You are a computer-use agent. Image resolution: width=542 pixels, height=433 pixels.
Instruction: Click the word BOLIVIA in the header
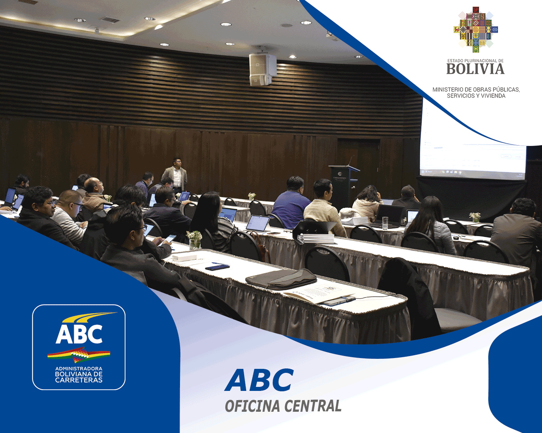[x=475, y=69]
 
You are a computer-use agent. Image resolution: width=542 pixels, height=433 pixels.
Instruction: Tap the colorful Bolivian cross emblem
[x=475, y=30]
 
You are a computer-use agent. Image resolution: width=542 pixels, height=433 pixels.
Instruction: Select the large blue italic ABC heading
[x=259, y=380]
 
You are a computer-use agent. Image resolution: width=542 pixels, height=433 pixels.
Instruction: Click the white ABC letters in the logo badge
[x=79, y=334]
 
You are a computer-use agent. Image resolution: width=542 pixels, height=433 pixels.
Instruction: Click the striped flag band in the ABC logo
[x=79, y=355]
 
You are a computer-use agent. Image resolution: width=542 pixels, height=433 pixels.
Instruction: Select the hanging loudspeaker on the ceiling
[x=263, y=69]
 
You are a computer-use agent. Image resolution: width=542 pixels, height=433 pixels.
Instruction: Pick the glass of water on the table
[x=385, y=223]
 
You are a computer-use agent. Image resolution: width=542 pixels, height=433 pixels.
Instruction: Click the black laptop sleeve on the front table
[x=281, y=279]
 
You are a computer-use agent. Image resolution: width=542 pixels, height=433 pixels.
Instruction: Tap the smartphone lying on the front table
[x=217, y=267]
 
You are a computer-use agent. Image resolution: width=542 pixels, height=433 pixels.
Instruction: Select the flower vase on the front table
[x=195, y=240]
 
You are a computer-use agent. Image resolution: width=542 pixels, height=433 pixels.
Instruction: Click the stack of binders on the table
[x=316, y=238]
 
